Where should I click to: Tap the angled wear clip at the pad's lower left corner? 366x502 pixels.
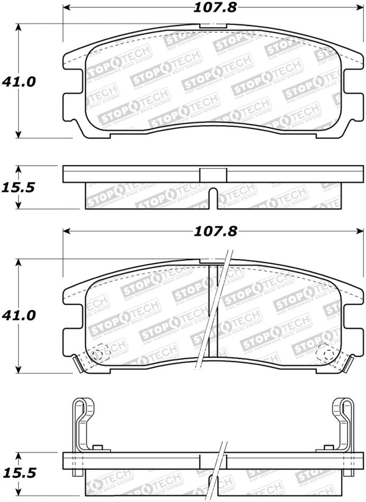[x=78, y=363]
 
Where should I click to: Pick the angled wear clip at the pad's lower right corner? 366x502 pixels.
[x=348, y=363]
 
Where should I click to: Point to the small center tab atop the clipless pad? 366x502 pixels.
[x=213, y=25]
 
